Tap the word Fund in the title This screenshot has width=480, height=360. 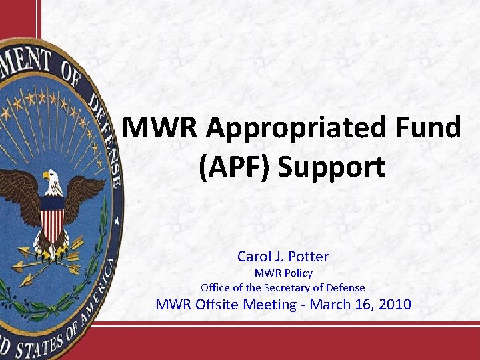click(427, 127)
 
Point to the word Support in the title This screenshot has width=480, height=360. click(331, 167)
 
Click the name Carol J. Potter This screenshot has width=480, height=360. click(283, 256)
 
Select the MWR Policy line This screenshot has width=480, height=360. click(283, 273)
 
